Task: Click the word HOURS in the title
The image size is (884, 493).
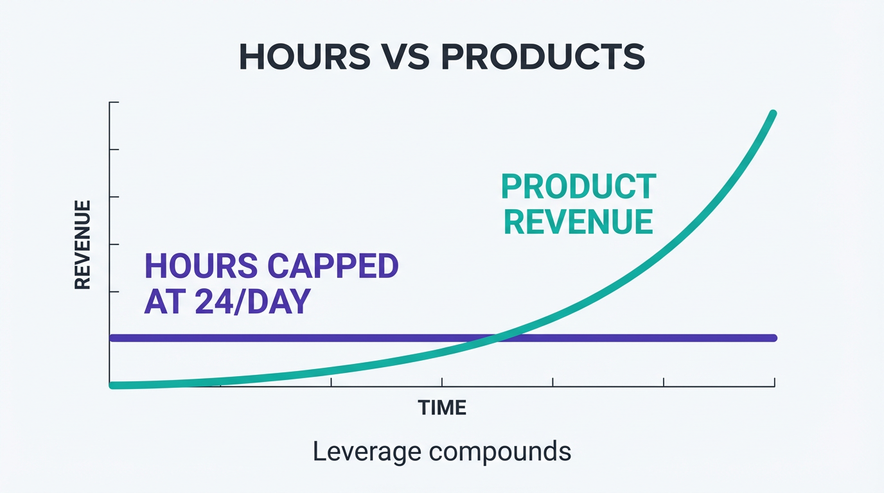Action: click(x=304, y=58)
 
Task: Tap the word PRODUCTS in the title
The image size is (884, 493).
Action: click(x=543, y=58)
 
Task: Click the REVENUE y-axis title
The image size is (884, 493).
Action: click(x=82, y=245)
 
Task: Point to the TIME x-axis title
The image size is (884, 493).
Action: click(x=442, y=408)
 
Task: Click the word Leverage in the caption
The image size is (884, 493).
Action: click(x=366, y=452)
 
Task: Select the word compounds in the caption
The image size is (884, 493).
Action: click(x=499, y=452)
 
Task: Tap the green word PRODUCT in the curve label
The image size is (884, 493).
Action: click(x=578, y=187)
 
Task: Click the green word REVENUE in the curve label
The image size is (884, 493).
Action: click(x=578, y=222)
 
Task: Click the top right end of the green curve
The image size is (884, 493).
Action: click(x=773, y=114)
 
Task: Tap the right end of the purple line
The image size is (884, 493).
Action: click(x=774, y=338)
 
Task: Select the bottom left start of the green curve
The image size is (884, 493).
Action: click(x=113, y=385)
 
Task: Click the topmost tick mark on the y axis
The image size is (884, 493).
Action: click(x=114, y=102)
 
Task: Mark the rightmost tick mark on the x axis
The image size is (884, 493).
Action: click(x=774, y=383)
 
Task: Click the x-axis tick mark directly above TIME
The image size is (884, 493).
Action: click(x=442, y=383)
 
